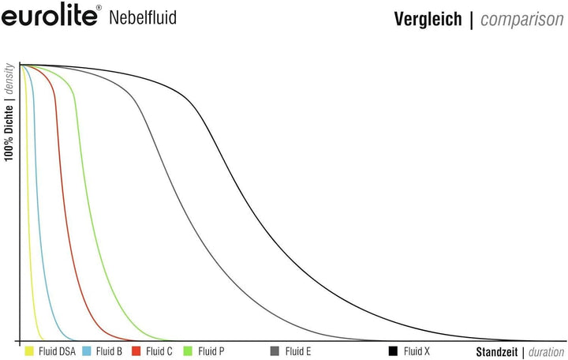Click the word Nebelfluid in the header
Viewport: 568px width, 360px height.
(x=141, y=17)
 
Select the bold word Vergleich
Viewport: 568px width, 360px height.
(x=428, y=19)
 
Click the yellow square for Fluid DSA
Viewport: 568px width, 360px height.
(x=29, y=351)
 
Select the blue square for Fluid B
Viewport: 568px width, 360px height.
(x=86, y=351)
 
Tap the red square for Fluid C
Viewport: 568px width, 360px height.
(x=136, y=351)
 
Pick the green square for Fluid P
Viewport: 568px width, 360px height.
(x=188, y=351)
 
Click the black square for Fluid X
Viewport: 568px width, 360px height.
(x=392, y=351)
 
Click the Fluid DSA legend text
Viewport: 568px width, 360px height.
(x=57, y=351)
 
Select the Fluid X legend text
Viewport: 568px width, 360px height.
(x=417, y=351)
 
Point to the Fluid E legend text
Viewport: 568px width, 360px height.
(x=298, y=351)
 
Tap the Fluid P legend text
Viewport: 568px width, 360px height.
(x=211, y=351)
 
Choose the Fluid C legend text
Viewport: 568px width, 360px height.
(x=159, y=351)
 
